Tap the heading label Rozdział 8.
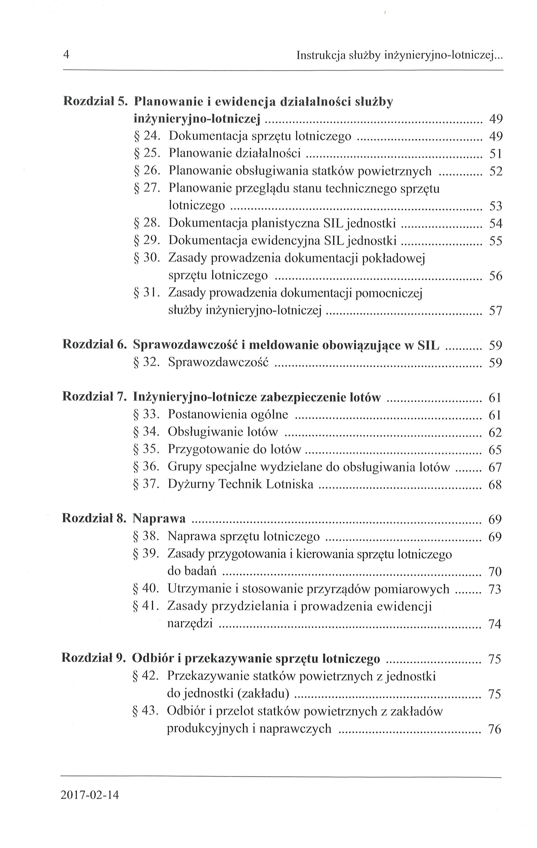[x=94, y=518]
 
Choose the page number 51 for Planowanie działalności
[x=496, y=154]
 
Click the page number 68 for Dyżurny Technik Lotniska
[x=495, y=485]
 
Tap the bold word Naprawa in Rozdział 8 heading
[x=159, y=518]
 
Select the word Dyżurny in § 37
[x=191, y=484]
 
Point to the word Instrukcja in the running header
[x=320, y=55]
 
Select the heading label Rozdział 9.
[x=93, y=658]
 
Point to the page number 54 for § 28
[x=496, y=223]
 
